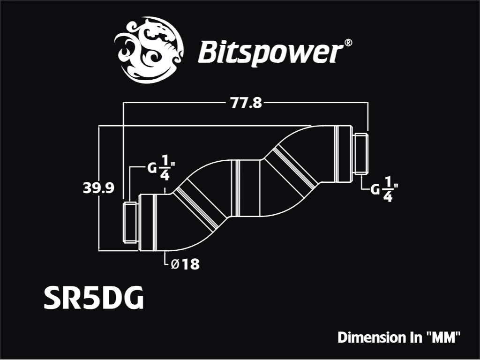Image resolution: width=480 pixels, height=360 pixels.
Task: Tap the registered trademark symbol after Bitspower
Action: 348,43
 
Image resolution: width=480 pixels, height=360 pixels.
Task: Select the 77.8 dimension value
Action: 246,103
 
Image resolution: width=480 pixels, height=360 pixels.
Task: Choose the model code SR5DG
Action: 94,298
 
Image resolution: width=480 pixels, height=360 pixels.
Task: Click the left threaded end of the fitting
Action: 130,222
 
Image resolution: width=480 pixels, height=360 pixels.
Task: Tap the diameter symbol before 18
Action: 175,264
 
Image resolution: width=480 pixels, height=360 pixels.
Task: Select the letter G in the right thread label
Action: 375,190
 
